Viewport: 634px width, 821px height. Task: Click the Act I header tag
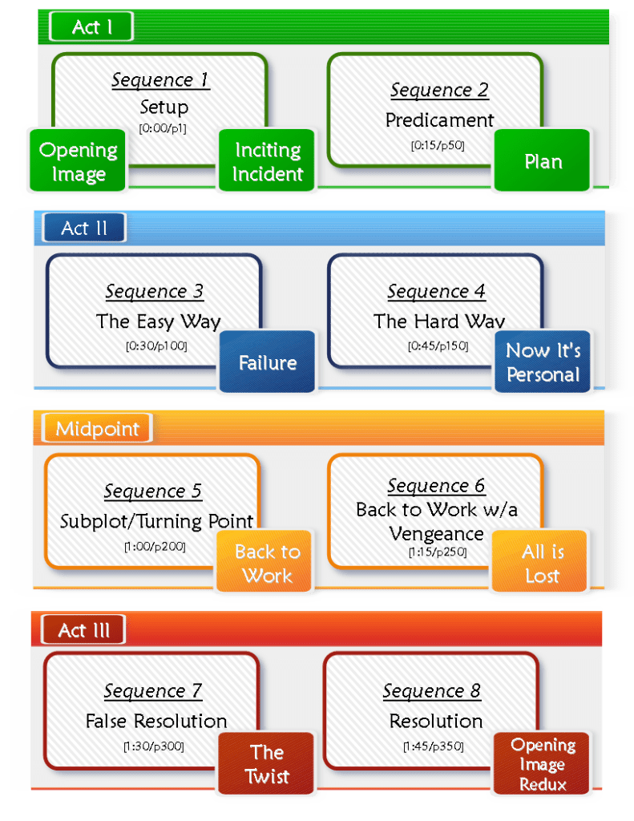91,27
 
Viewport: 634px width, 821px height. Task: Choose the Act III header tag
83,630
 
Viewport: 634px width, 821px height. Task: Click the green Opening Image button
79,161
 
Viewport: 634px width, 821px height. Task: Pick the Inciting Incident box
268,161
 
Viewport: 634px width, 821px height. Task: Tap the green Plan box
543,161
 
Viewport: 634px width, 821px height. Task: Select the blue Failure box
268,362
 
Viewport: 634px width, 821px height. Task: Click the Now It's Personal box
543,362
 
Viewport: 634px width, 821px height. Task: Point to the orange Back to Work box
268,564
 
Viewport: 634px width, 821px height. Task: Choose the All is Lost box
543,564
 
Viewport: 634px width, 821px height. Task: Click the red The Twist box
267,764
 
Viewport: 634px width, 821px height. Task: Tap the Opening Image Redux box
543,764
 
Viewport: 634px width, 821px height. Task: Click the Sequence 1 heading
160,80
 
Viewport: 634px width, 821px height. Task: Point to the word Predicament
439,120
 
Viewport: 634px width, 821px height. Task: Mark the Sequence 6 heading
436,486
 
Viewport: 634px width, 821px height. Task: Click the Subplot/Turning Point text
156,521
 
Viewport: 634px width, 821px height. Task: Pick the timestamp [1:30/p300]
153,746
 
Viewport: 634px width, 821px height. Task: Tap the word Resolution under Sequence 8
436,721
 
